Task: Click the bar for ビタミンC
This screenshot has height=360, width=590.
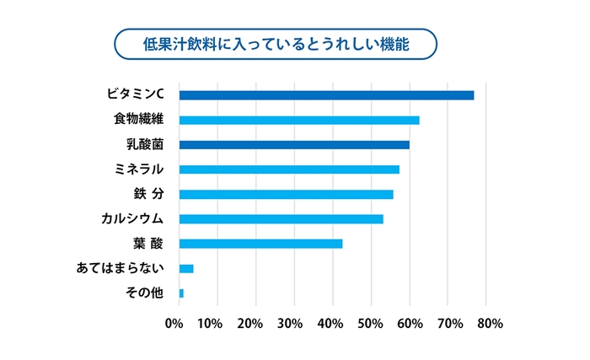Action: pos(326,95)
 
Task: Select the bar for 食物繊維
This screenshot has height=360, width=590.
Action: pos(299,120)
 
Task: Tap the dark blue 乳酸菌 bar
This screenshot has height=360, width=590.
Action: pos(294,145)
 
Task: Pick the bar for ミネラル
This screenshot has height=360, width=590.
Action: pos(289,169)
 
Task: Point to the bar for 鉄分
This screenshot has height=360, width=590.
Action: pos(286,195)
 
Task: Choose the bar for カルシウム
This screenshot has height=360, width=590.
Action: pos(281,219)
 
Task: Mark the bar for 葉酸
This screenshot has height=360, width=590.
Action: pos(260,244)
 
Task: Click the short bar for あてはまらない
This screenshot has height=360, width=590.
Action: pos(186,269)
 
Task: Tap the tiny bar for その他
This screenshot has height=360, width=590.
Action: pos(181,293)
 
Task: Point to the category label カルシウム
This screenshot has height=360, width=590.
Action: pos(131,219)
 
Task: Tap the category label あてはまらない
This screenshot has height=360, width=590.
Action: pos(120,269)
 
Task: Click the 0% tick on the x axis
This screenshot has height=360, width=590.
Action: pos(174,323)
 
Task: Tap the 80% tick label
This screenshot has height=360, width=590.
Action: pos(489,323)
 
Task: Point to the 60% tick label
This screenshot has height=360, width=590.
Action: pos(410,323)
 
